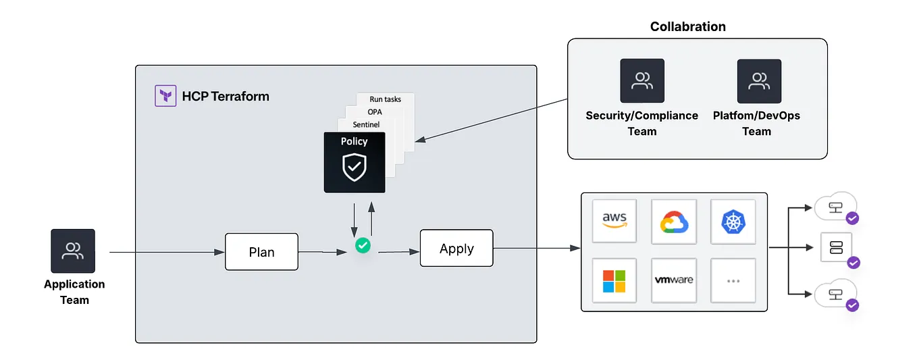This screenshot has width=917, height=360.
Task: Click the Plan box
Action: pyautogui.click(x=261, y=252)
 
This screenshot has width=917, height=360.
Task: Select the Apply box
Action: pyautogui.click(x=456, y=249)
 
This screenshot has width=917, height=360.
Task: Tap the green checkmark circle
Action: pyautogui.click(x=363, y=245)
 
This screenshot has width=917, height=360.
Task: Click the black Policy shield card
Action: pyautogui.click(x=355, y=162)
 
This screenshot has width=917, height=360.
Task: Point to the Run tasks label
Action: pyautogui.click(x=385, y=99)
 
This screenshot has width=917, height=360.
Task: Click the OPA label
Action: pyautogui.click(x=375, y=111)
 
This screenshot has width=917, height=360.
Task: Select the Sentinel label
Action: pyautogui.click(x=366, y=124)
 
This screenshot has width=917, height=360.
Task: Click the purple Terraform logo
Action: pyautogui.click(x=165, y=96)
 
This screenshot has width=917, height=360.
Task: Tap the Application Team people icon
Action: pyautogui.click(x=73, y=251)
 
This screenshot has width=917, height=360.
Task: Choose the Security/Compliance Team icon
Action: pyautogui.click(x=642, y=81)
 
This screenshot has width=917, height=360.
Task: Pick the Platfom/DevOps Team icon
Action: pyautogui.click(x=759, y=81)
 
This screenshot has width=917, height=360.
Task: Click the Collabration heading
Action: pyautogui.click(x=687, y=27)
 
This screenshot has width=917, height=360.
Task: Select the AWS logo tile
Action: pyautogui.click(x=614, y=221)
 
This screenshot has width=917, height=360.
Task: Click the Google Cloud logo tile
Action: pyautogui.click(x=673, y=221)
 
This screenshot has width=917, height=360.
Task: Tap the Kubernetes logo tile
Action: pyautogui.click(x=733, y=221)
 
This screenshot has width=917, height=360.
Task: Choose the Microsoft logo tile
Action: pyautogui.click(x=614, y=280)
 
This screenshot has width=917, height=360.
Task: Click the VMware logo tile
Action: pyautogui.click(x=673, y=280)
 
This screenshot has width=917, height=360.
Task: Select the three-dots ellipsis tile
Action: pyautogui.click(x=733, y=280)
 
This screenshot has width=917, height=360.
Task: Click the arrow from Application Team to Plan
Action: pyautogui.click(x=166, y=252)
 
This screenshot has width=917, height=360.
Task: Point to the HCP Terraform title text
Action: pyautogui.click(x=226, y=96)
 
